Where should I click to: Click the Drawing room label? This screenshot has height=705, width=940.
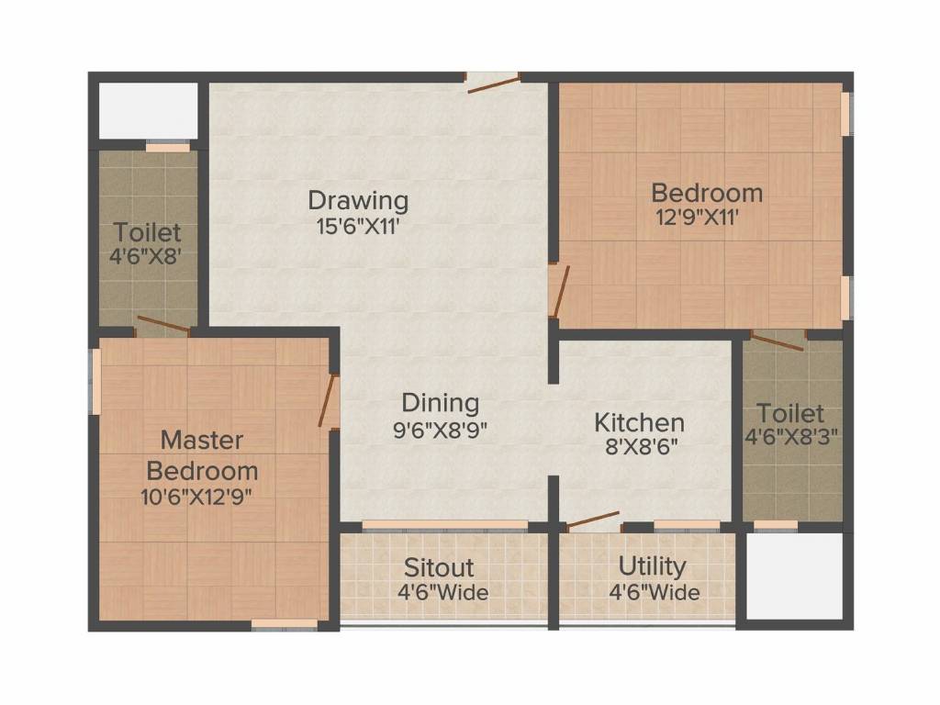[x=358, y=199]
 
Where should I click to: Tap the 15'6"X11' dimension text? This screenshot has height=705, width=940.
[x=358, y=226]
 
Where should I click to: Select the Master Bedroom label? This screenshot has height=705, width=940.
[x=202, y=455]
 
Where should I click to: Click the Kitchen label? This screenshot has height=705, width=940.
[x=640, y=422]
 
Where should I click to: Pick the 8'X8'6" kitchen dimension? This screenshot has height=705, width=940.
[x=640, y=450]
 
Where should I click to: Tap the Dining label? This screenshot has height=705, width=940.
[x=441, y=402]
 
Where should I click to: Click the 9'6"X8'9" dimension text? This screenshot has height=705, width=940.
[x=441, y=430]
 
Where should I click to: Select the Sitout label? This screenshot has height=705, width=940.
[x=440, y=566]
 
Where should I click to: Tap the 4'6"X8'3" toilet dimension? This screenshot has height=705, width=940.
[x=791, y=438]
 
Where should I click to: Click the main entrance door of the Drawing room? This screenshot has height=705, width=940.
[x=493, y=82]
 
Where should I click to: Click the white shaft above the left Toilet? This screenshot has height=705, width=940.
[x=148, y=111]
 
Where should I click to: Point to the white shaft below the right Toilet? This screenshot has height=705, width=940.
[x=794, y=576]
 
